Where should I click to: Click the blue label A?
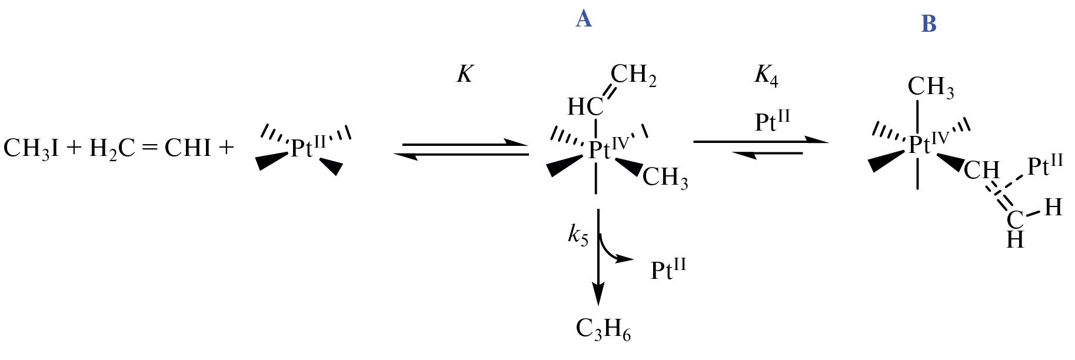(x=583, y=19)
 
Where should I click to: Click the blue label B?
(x=928, y=24)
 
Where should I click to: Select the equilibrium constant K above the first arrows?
(x=465, y=75)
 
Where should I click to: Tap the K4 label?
(x=766, y=76)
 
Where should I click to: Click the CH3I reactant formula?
(x=31, y=148)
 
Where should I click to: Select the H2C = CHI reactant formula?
(x=149, y=148)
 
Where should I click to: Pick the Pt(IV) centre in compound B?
(x=929, y=142)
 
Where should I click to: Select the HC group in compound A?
(x=585, y=107)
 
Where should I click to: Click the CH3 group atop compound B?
(x=931, y=87)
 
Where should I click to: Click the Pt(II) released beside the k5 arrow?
(x=668, y=268)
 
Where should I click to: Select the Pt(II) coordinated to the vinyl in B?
(x=1045, y=165)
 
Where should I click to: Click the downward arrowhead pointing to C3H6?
(x=598, y=295)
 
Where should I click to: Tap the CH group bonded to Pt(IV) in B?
(x=981, y=171)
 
